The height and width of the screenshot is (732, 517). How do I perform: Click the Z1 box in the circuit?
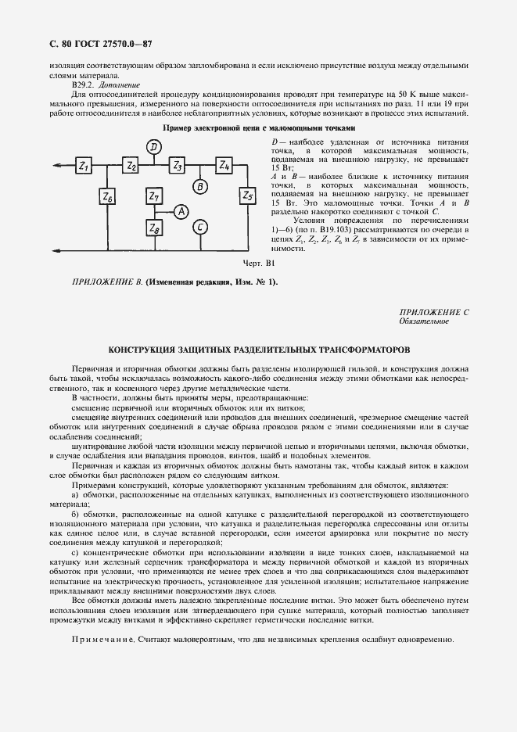click(84, 166)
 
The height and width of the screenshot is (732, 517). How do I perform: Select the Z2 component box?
click(131, 166)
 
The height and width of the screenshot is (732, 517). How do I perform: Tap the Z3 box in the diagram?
click(178, 166)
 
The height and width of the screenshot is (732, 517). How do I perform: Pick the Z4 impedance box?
click(224, 166)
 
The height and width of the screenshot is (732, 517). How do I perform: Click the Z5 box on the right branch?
click(247, 195)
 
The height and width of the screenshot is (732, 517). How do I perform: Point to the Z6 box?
click(107, 198)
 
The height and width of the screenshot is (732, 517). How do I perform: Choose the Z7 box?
click(154, 196)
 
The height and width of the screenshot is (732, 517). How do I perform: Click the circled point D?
click(154, 146)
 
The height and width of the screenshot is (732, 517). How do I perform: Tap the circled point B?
click(200, 187)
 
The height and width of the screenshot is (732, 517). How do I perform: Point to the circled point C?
click(200, 228)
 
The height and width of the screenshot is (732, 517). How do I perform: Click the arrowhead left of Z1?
click(58, 166)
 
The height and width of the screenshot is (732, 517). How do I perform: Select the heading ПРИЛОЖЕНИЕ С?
click(433, 312)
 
